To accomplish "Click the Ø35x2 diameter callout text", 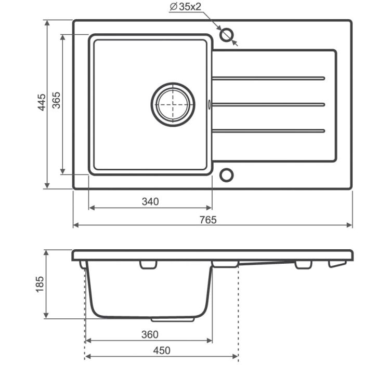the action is pyautogui.click(x=185, y=7).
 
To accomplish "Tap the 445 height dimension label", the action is pyautogui.click(x=42, y=102).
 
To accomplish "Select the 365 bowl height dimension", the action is pyautogui.click(x=56, y=100).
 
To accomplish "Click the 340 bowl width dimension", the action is pyautogui.click(x=150, y=201).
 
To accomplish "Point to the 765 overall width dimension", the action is pyautogui.click(x=208, y=220).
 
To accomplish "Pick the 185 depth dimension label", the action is pyautogui.click(x=40, y=284).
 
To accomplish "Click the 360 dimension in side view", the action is pyautogui.click(x=150, y=334).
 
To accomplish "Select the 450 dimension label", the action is pyautogui.click(x=162, y=350).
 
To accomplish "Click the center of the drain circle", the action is pyautogui.click(x=173, y=104).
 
